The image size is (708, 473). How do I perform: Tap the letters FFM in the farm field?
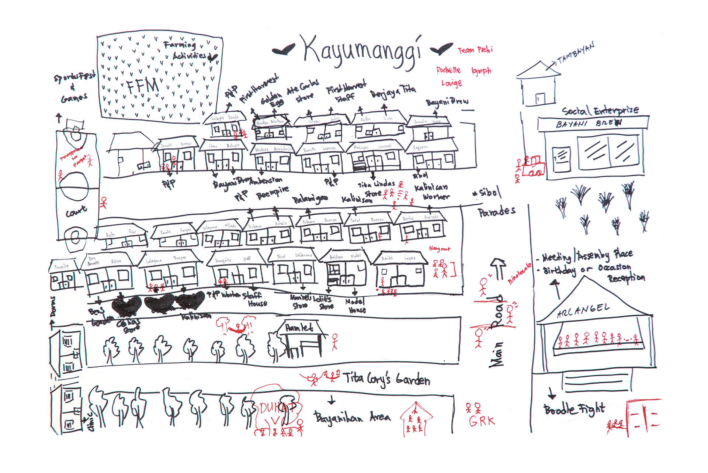click(143, 87)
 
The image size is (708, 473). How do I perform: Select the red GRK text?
click(482, 421)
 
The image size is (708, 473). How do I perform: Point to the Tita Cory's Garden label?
click(386, 379)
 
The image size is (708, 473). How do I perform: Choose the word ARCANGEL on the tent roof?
click(583, 311)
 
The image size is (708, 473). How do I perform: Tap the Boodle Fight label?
click(574, 409)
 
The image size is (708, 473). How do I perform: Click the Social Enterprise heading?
click(600, 110)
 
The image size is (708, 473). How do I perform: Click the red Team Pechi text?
click(475, 50)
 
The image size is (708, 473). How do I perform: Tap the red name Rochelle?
click(448, 70)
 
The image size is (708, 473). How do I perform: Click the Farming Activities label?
click(187, 50)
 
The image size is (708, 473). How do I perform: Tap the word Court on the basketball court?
click(76, 212)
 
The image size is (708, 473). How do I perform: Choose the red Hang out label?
click(440, 249)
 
